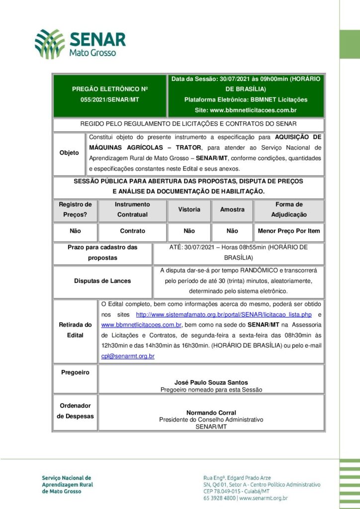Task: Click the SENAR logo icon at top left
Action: tap(49, 44)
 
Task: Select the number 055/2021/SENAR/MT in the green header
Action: tap(110, 99)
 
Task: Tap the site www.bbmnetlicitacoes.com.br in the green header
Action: tap(246, 110)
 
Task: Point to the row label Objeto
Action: tap(69, 153)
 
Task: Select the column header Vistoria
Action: tap(189, 210)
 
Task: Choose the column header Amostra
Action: tap(232, 210)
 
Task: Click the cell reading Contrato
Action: tap(133, 231)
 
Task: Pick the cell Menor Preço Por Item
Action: tap(289, 231)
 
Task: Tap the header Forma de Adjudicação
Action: tap(289, 210)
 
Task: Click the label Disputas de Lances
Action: tap(102, 281)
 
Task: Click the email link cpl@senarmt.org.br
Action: tap(128, 356)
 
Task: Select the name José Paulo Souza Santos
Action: tap(211, 383)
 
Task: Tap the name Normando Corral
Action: tap(211, 413)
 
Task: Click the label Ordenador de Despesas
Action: tap(75, 411)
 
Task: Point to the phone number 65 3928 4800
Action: tap(219, 498)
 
